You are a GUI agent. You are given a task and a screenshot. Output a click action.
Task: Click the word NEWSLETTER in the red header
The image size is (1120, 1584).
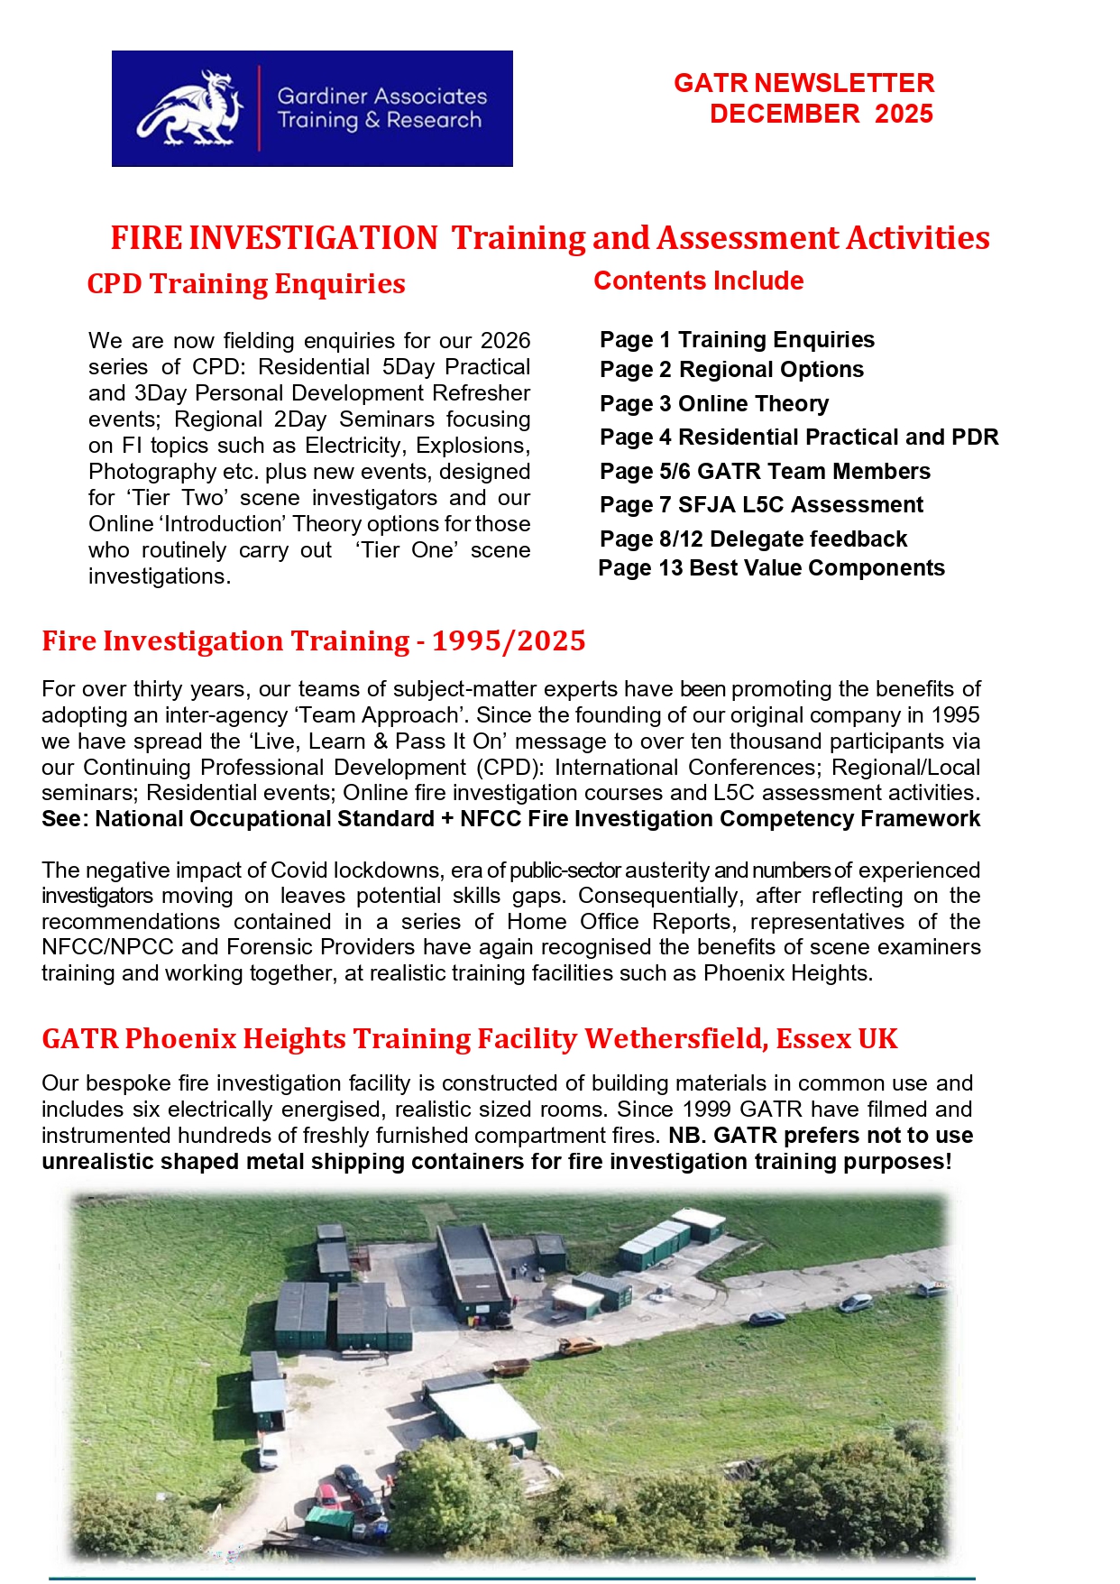(x=844, y=83)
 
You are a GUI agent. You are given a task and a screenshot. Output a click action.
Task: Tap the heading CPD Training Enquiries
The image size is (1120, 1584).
(x=246, y=283)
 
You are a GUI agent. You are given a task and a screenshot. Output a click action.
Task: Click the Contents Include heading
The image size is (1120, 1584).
(x=698, y=281)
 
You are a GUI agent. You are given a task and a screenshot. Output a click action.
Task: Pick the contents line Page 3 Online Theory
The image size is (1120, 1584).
(x=713, y=403)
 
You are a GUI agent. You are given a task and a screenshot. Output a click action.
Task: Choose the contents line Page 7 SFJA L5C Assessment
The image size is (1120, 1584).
(x=761, y=504)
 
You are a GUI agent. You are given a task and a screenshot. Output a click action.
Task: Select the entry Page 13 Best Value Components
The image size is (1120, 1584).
(x=771, y=567)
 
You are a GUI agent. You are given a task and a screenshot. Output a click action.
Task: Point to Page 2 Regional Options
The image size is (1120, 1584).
(x=731, y=369)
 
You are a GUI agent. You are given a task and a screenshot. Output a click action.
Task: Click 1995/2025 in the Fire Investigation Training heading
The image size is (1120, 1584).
(x=509, y=640)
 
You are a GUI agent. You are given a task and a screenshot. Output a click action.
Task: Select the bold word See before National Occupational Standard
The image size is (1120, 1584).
(x=61, y=818)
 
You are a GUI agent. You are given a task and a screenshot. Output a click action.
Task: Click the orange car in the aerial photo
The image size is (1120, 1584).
(x=578, y=1346)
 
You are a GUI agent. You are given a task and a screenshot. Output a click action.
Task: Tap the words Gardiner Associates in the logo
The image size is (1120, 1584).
(x=381, y=97)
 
